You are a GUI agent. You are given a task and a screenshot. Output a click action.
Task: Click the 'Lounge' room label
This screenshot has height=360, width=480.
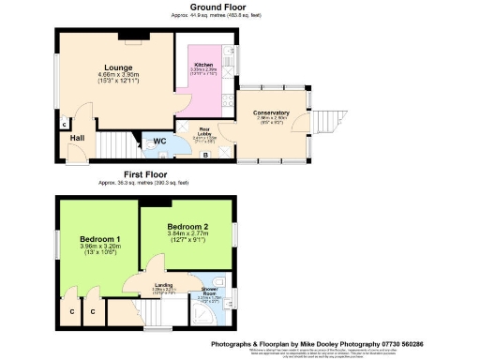click(117, 67)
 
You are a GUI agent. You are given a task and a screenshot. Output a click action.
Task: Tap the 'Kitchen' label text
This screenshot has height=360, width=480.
click(203, 65)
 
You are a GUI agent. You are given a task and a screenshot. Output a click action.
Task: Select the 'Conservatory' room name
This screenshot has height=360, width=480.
click(271, 112)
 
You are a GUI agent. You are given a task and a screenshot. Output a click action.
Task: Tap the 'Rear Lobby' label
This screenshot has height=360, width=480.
click(203, 131)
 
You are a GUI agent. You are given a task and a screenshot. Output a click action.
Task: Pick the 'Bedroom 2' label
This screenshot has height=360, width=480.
click(186, 227)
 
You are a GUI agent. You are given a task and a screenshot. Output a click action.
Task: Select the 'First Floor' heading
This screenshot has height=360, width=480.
click(151, 174)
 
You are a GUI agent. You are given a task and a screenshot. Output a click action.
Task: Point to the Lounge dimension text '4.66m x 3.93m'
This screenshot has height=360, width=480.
click(117, 76)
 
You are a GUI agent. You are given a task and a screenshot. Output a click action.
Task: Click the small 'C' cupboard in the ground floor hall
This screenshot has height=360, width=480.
click(63, 124)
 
